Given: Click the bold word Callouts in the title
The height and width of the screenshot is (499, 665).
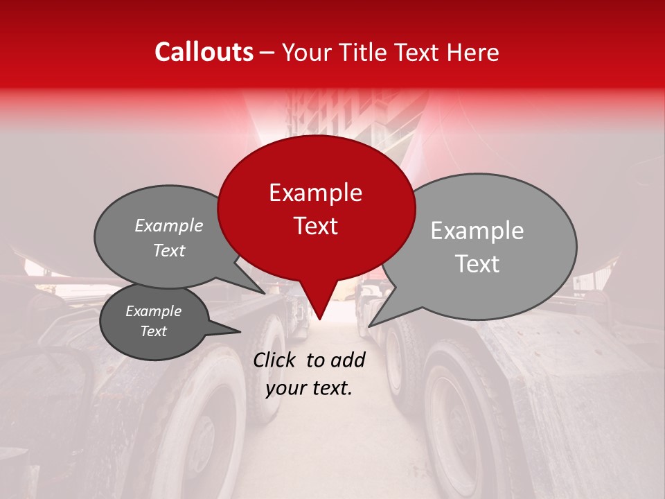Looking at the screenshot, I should pos(204,52).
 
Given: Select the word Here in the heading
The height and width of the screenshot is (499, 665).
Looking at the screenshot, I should pos(474,53).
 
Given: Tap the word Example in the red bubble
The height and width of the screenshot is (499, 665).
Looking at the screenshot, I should pos(315,193).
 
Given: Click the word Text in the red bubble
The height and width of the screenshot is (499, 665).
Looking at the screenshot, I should pos(315,225).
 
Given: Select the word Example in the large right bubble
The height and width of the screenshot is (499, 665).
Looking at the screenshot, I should pos(477,231).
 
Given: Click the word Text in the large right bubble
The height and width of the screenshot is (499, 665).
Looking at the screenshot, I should pos(477,264).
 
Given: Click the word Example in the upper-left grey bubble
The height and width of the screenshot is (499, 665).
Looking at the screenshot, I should pos(169,226).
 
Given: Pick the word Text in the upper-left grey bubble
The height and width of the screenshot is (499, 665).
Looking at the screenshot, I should pos(169,251).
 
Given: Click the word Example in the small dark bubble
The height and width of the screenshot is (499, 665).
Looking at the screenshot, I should pos(153,311).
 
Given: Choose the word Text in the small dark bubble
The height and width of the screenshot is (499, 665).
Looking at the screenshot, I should pos(153,331).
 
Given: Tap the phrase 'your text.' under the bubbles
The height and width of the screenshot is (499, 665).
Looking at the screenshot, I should pos(309,388).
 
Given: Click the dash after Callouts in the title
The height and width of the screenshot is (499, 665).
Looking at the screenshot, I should pos(267,53).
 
